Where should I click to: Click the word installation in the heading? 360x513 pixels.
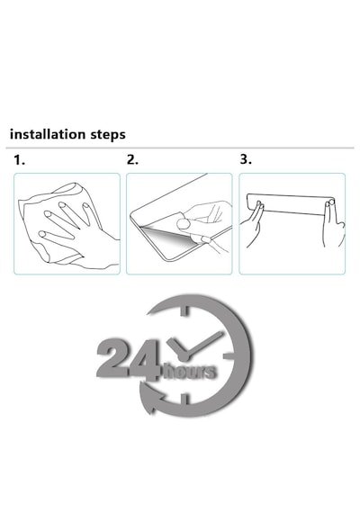tap(47, 134)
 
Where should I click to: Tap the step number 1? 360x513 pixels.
tap(19, 160)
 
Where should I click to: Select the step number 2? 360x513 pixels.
tap(132, 159)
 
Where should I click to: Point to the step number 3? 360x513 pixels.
tap(246, 159)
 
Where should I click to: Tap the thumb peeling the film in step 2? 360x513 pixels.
tap(184, 223)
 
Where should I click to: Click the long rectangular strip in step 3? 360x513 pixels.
tap(291, 204)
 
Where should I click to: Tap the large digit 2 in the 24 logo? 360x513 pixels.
tap(112, 359)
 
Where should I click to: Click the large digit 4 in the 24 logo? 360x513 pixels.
tap(144, 360)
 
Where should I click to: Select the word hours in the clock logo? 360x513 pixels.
tap(190, 372)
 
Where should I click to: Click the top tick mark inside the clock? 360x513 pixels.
tap(184, 310)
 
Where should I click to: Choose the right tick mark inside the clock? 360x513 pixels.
tap(229, 356)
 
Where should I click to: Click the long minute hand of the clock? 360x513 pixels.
tap(203, 343)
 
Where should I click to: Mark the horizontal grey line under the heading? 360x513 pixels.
tap(180, 148)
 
